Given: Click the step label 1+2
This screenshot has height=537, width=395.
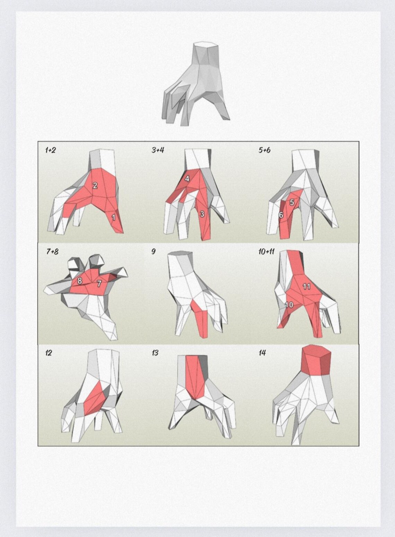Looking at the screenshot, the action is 50,150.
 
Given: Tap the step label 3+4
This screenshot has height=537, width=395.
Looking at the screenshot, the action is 158,150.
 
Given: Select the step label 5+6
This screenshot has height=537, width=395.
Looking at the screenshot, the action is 264,150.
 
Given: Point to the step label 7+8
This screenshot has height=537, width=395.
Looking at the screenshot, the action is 52,252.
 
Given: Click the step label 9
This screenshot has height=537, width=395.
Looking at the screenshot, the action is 153,252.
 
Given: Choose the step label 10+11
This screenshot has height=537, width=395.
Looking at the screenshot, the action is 266,252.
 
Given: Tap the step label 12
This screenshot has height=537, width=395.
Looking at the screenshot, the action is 49,353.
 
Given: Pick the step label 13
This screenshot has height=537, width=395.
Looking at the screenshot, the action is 155,353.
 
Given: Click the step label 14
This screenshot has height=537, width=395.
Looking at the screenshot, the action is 262,353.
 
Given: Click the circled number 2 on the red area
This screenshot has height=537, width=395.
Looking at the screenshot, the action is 95,185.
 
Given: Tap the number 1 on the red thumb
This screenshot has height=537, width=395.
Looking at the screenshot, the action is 113,218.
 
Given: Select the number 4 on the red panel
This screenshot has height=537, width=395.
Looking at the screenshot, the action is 187,179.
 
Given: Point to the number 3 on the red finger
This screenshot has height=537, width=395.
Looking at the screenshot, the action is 202,214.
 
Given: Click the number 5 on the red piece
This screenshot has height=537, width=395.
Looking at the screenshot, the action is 292,202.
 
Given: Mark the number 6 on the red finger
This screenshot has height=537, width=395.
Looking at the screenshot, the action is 281,215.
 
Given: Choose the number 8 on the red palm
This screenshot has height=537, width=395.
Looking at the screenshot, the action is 80,281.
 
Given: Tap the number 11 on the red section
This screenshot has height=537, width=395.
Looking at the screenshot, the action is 307,287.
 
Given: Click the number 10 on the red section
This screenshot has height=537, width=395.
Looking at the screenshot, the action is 289,305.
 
